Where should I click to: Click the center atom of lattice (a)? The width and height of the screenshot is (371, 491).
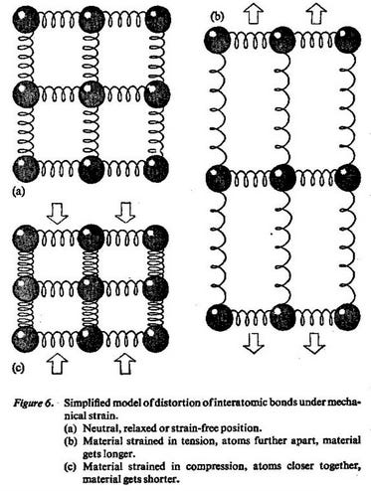click(x=91, y=94)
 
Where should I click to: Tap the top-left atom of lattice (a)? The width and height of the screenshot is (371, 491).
click(x=22, y=19)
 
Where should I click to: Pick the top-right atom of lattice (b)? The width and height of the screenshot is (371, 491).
click(x=345, y=39)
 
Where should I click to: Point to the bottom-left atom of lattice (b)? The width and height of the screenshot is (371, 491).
click(x=220, y=318)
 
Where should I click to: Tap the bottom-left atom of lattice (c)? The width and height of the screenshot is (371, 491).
click(x=22, y=337)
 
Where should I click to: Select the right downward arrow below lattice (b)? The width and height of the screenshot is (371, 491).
click(x=315, y=344)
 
